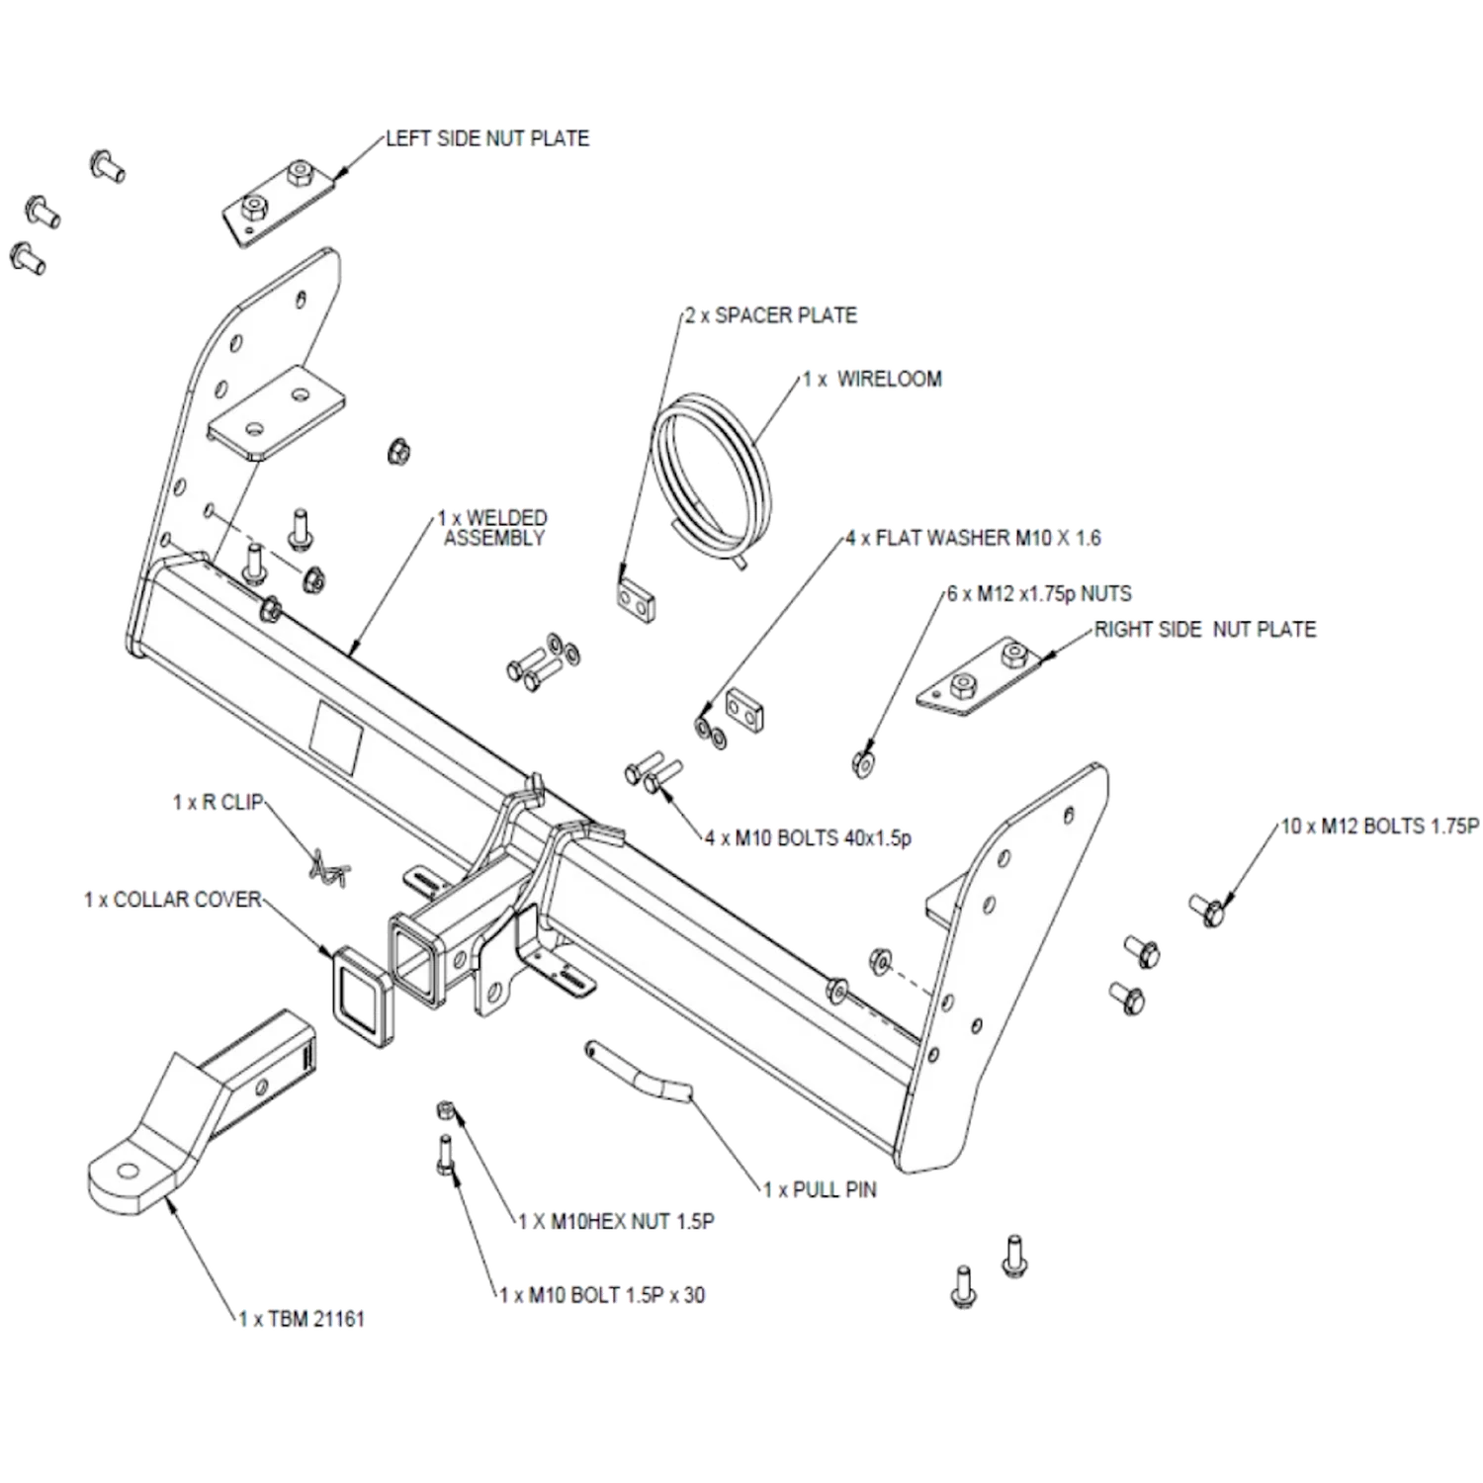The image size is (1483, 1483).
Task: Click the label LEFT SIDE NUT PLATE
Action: click(487, 138)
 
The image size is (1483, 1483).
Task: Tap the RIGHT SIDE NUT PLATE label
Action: click(1205, 630)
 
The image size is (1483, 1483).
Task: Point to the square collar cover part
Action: click(362, 995)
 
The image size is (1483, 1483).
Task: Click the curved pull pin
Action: click(639, 1071)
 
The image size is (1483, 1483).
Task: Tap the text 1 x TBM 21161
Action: click(303, 1319)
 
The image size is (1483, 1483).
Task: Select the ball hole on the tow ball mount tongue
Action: click(128, 1173)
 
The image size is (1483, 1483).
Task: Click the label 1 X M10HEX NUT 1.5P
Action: click(617, 1222)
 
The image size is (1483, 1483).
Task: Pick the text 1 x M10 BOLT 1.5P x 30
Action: click(602, 1295)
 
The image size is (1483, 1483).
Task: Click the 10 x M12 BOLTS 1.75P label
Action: click(1380, 827)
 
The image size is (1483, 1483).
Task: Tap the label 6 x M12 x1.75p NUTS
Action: click(1039, 594)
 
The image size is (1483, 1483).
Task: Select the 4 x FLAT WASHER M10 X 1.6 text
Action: click(973, 539)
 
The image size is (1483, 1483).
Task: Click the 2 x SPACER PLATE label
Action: click(771, 315)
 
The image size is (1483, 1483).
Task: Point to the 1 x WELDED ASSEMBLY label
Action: click(493, 528)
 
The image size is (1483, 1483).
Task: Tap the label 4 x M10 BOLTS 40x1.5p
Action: click(808, 838)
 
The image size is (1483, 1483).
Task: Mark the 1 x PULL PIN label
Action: click(820, 1190)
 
